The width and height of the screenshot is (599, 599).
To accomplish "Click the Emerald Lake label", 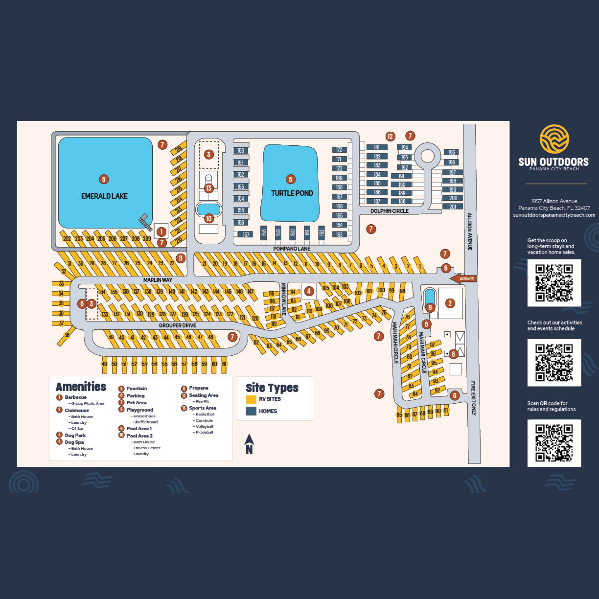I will pyautogui.click(x=104, y=196).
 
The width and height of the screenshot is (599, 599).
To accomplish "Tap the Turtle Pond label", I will pyautogui.click(x=292, y=193).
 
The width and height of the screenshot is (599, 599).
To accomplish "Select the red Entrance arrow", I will pyautogui.click(x=463, y=278).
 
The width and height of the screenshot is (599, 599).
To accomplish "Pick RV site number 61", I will pyautogui.click(x=224, y=364).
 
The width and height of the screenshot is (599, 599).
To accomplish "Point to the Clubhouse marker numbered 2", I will pyautogui.click(x=450, y=303).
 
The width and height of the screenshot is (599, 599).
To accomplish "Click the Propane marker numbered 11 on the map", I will pyautogui.click(x=180, y=258).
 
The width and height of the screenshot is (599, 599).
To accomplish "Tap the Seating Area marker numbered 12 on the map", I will pyautogui.click(x=390, y=136).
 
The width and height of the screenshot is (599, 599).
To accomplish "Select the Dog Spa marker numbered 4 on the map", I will pyautogui.click(x=309, y=291).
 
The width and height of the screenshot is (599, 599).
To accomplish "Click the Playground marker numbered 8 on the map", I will pyautogui.click(x=453, y=354).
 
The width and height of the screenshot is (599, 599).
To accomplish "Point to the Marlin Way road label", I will pyautogui.click(x=158, y=280).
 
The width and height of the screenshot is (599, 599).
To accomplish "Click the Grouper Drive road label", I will pyautogui.click(x=177, y=325).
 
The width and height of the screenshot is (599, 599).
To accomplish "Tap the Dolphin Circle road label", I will pyautogui.click(x=389, y=211).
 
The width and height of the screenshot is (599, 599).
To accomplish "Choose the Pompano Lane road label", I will pyautogui.click(x=291, y=248).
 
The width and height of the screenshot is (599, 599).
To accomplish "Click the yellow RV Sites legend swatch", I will pyautogui.click(x=251, y=399).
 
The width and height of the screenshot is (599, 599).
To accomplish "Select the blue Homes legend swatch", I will pyautogui.click(x=251, y=411).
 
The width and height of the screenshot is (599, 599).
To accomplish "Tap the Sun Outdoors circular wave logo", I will pyautogui.click(x=554, y=139).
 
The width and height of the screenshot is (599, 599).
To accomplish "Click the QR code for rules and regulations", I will pyautogui.click(x=554, y=443).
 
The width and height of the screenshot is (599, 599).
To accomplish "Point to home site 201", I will pyautogui.click(x=452, y=206).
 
